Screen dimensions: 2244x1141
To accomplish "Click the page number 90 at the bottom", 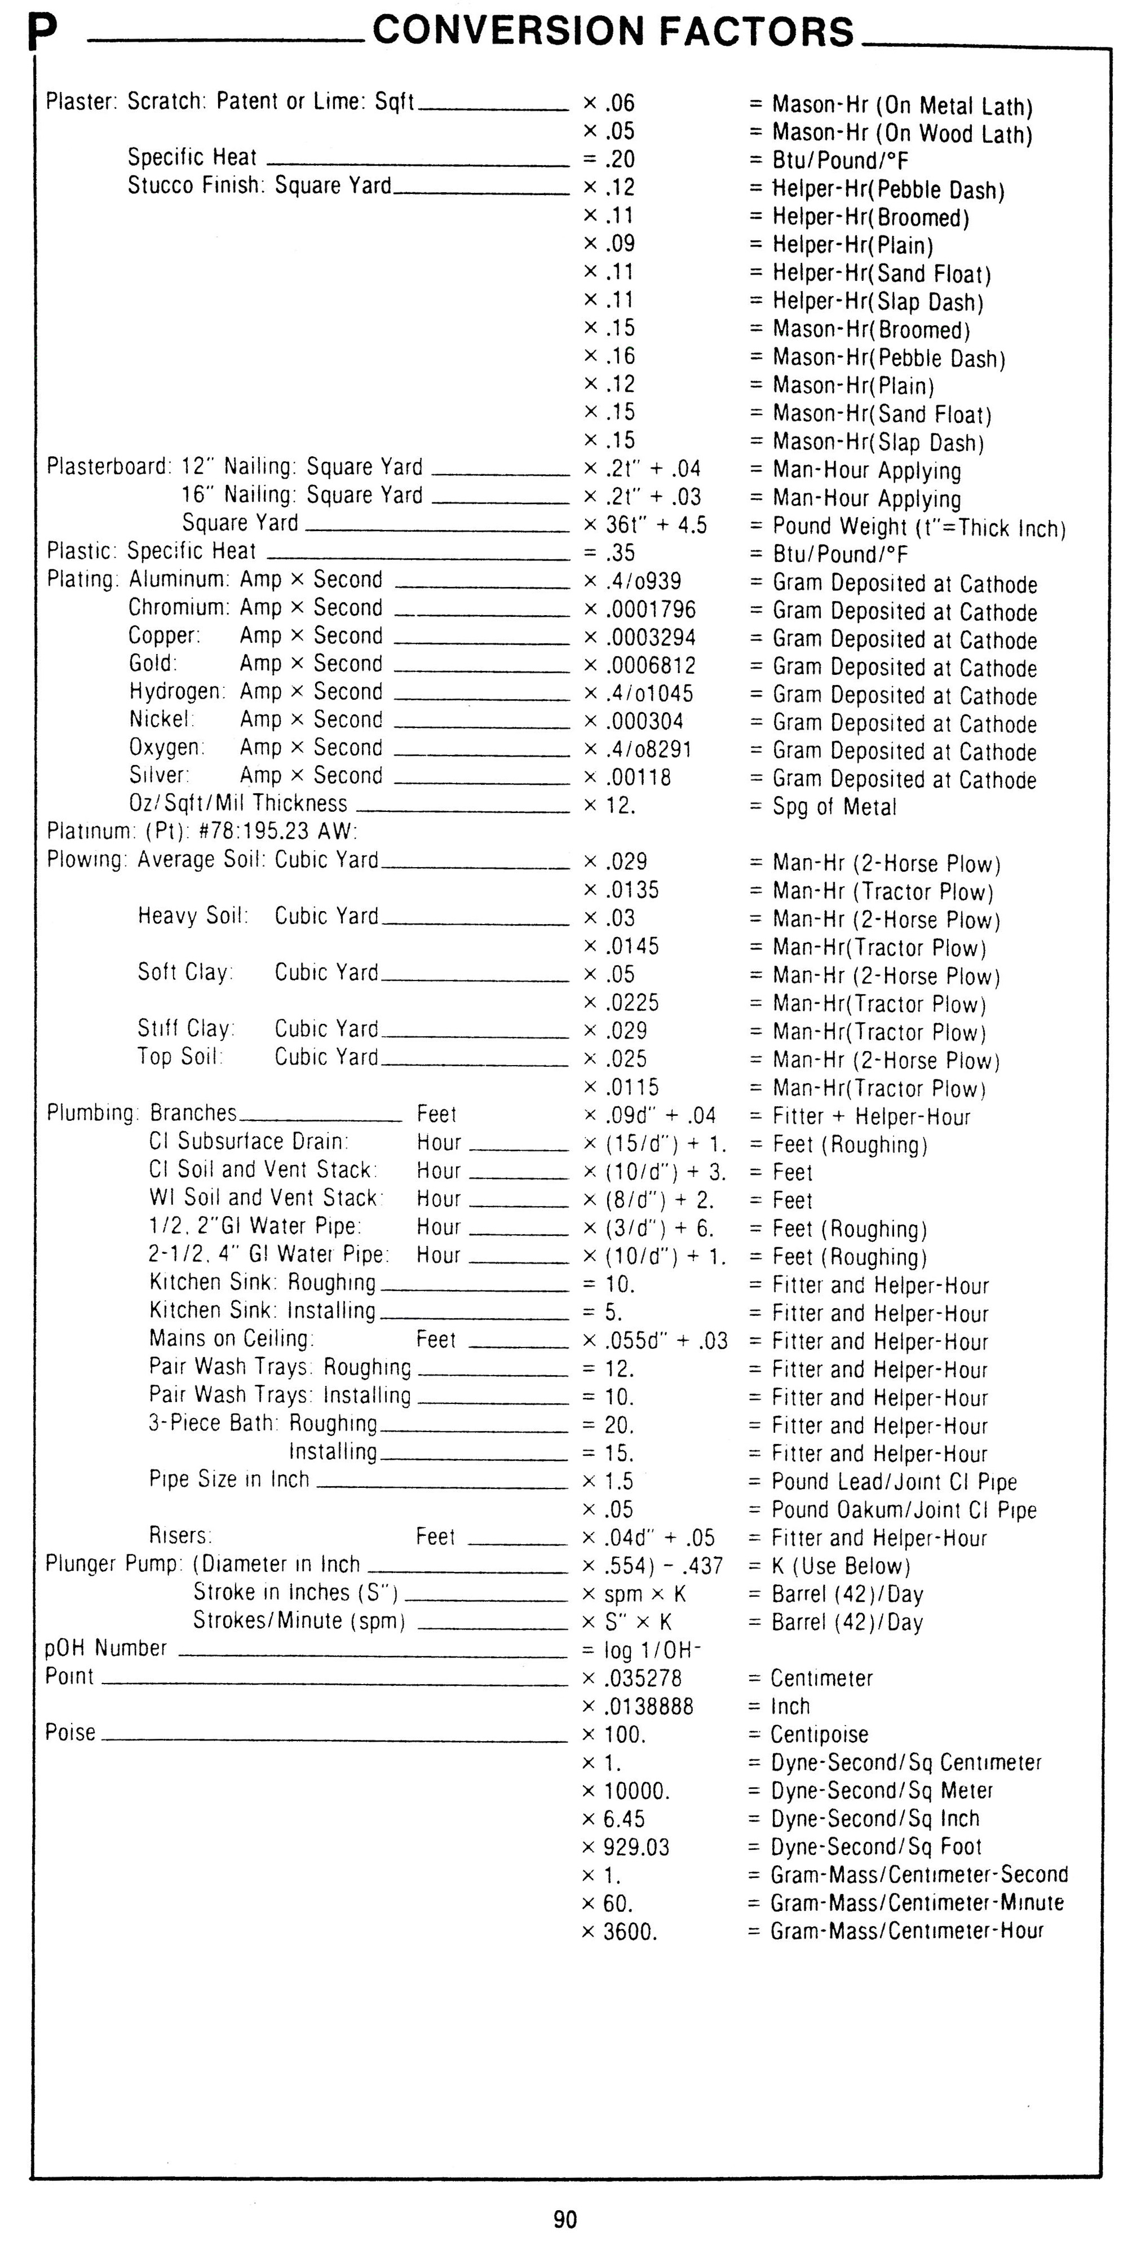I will pos(564,2219).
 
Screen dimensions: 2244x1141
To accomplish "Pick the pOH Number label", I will pos(105,1648).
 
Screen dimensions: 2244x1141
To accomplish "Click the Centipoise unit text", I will pos(819,1734).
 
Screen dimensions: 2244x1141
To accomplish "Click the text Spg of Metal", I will pos(834,807).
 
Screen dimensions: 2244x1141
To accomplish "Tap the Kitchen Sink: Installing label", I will pos(262,1311).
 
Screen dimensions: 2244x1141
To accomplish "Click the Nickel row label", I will pos(161,719).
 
